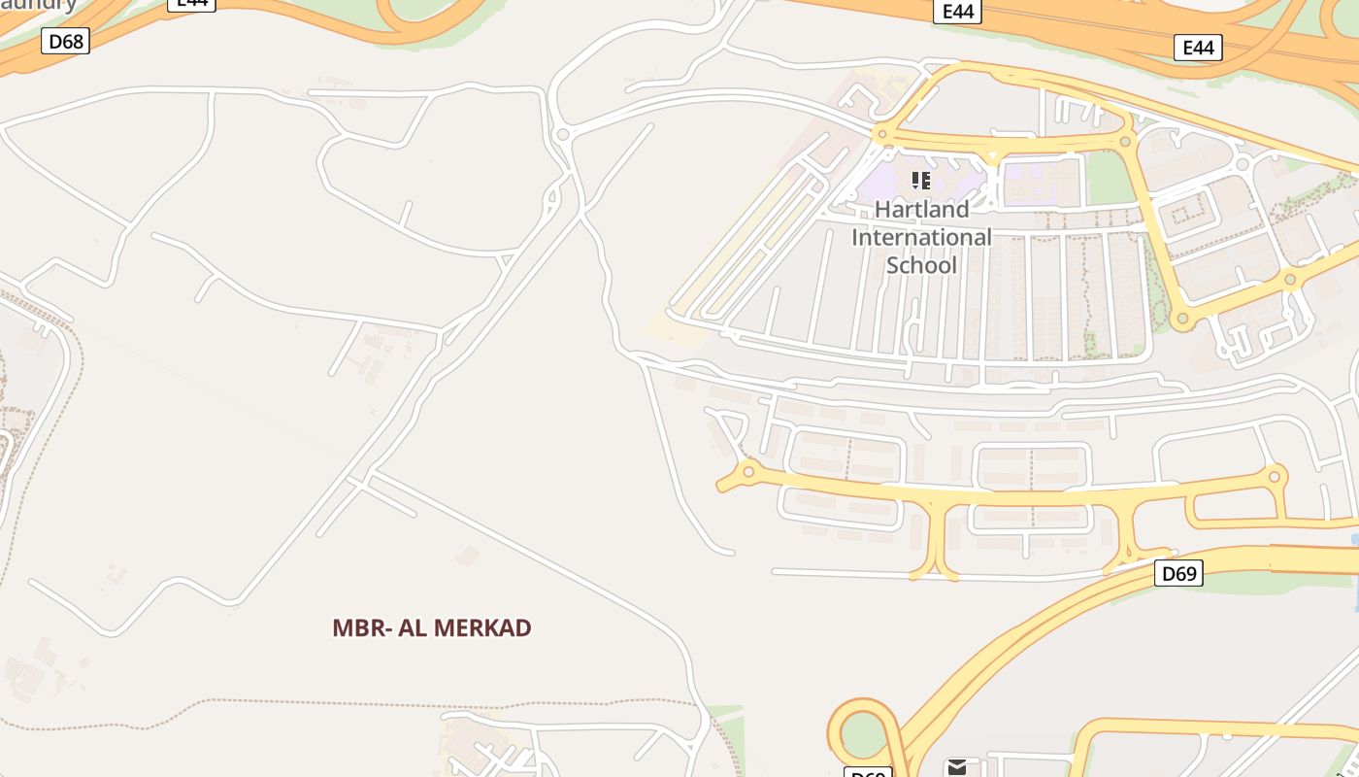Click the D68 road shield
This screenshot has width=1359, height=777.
[x=66, y=41]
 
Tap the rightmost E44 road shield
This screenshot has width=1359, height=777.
[x=1197, y=48]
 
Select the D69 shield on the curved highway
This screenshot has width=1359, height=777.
[x=1178, y=573]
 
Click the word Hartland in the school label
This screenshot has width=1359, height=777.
[x=921, y=210]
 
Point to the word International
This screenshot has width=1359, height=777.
[x=921, y=237]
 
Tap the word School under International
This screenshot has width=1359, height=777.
[x=921, y=265]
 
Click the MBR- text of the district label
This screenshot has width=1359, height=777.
[x=362, y=627]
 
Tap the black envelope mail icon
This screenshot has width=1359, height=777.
[x=956, y=767]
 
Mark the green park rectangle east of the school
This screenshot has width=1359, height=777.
[x=1109, y=179]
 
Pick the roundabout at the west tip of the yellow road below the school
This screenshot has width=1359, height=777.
[x=747, y=473]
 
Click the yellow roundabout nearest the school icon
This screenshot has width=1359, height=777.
[x=881, y=135]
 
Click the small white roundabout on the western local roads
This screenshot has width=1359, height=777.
[x=563, y=134]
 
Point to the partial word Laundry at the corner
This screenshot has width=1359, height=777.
[x=39, y=5]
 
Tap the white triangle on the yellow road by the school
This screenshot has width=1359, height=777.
[x=992, y=155]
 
